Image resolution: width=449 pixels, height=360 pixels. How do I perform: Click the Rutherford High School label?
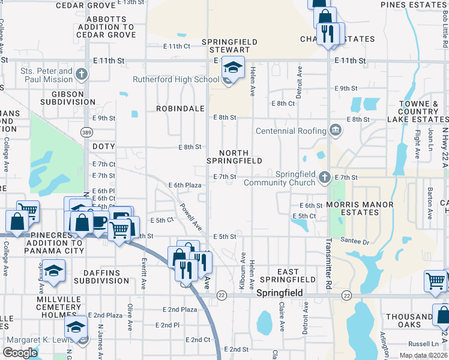point(176,79)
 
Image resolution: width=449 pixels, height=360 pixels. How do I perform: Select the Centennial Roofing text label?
point(291,131)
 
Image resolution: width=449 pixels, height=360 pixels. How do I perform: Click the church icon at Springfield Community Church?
point(325,177)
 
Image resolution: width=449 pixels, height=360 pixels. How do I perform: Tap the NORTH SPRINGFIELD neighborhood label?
point(234,157)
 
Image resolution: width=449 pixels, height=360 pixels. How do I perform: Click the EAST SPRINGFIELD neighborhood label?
point(288,275)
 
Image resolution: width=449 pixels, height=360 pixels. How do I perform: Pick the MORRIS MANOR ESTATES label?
point(360,209)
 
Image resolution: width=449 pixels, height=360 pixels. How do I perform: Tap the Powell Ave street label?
point(192,217)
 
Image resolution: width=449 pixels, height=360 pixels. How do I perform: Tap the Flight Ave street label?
point(417,145)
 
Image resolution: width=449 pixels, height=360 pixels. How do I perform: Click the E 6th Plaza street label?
point(184,185)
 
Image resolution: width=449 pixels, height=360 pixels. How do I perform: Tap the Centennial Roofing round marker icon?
point(336,130)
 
